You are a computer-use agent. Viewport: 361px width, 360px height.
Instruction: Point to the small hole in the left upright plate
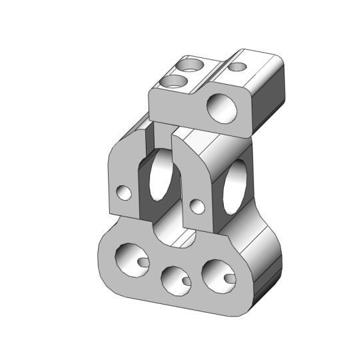pyautogui.click(x=123, y=193)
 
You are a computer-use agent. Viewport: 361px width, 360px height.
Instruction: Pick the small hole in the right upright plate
pyautogui.click(x=196, y=203)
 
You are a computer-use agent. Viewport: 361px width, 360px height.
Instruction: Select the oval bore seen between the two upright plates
pyautogui.click(x=161, y=177)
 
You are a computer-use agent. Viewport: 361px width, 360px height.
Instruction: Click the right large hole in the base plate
pyautogui.click(x=218, y=274)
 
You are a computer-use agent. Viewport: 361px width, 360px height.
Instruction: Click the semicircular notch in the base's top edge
pyautogui.click(x=167, y=230)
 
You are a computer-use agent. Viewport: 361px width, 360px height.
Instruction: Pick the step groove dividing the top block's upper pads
pyautogui.click(x=216, y=67)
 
